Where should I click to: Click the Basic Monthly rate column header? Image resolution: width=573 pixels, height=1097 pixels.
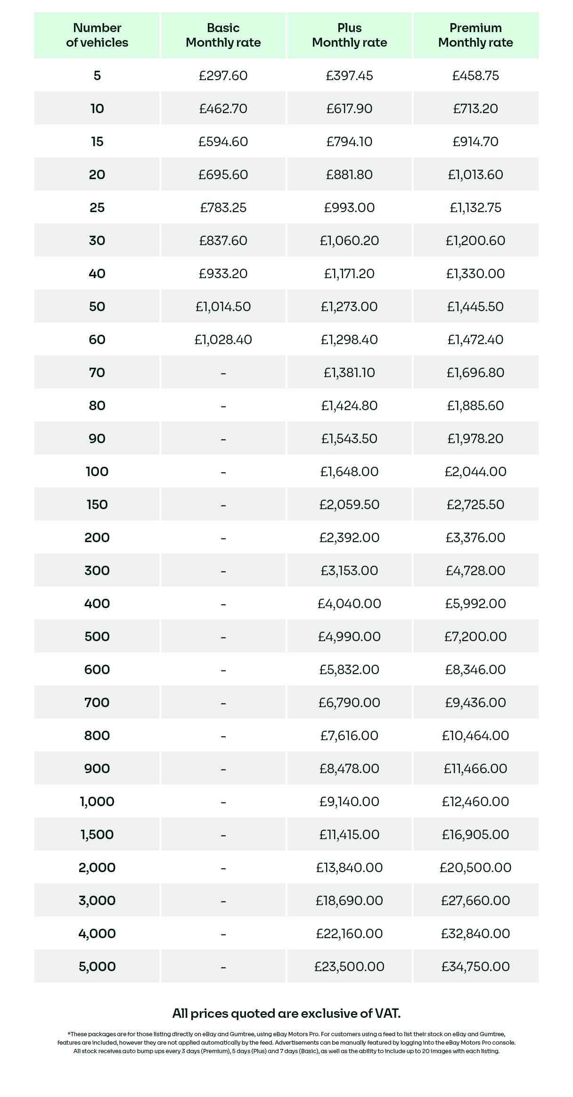[223, 35]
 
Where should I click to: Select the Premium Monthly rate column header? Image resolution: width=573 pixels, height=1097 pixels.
[475, 35]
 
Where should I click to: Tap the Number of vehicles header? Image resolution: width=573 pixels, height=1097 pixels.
[97, 35]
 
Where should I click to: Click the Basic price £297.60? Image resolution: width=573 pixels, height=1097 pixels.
[223, 76]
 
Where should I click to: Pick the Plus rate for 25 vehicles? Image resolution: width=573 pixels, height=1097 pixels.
[349, 208]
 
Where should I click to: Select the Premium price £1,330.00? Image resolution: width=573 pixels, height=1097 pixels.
[475, 274]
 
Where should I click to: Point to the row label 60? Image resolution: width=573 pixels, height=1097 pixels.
[97, 340]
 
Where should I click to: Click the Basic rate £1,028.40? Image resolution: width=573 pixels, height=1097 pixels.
[223, 340]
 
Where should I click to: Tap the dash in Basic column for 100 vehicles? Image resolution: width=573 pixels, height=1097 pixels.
[223, 472]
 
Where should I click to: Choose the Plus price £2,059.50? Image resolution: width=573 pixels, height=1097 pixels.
[349, 505]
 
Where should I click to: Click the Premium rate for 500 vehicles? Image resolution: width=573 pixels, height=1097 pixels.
[475, 637]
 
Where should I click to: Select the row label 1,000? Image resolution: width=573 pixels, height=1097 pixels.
[97, 802]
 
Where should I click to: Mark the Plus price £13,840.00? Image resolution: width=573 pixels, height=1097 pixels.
[349, 868]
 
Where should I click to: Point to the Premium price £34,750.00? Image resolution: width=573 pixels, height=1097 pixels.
[475, 967]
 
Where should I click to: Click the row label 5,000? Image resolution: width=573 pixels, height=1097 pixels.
[97, 967]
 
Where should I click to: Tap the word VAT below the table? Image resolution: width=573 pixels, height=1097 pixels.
[387, 1014]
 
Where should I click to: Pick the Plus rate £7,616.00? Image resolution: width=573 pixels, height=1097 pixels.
[349, 736]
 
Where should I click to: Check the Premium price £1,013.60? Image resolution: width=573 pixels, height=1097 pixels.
[475, 175]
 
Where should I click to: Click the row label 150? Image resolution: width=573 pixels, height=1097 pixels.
[97, 505]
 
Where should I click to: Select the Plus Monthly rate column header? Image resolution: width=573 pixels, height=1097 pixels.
[349, 35]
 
